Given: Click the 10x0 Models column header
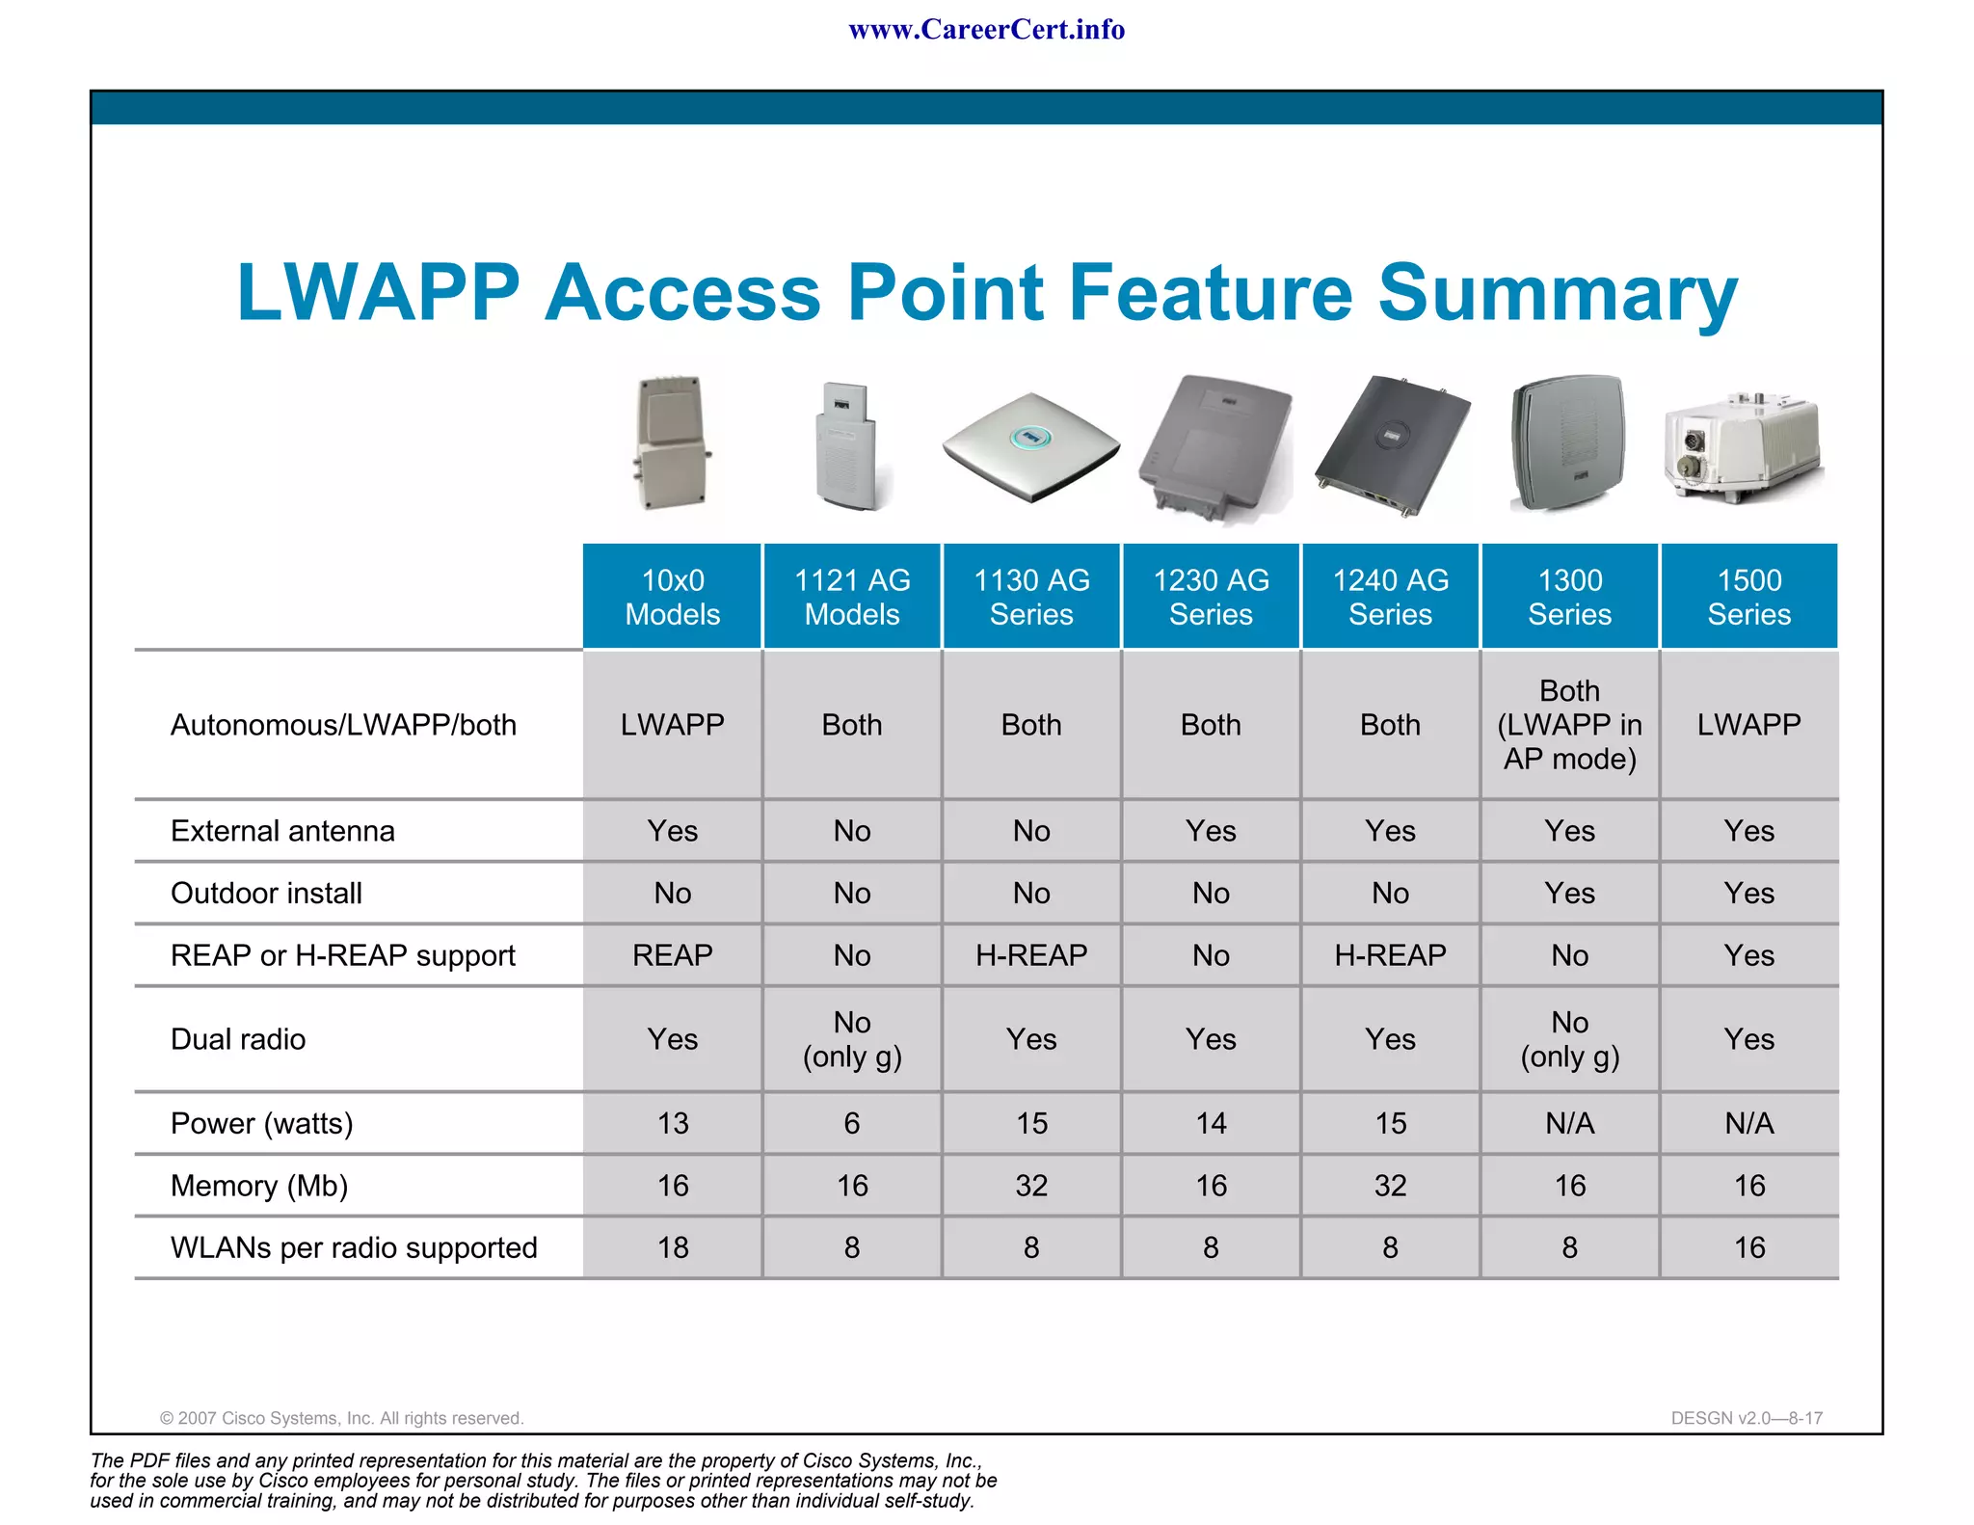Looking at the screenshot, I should [x=672, y=597].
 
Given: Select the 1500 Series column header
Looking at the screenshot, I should [x=1748, y=597].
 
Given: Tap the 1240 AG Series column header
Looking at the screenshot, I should [x=1390, y=597].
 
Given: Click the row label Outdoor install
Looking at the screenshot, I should [x=266, y=894].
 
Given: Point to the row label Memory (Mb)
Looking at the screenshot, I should [x=258, y=1186].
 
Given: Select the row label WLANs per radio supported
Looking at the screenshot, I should [x=353, y=1247].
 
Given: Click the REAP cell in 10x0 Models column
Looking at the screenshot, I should [x=672, y=955].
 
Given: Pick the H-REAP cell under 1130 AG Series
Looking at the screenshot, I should [x=1030, y=955].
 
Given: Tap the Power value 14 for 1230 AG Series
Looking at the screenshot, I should [x=1211, y=1123].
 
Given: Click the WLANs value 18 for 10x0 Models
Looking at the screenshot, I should [x=672, y=1247].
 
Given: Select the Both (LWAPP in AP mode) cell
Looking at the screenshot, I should [x=1569, y=725].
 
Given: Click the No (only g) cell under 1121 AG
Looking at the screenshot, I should [x=852, y=1039].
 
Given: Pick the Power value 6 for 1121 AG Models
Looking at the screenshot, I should [x=852, y=1123].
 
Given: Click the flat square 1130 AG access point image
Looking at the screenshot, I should [x=1030, y=445].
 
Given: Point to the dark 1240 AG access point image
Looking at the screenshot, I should [x=1392, y=445].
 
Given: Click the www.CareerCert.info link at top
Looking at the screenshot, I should [x=986, y=30].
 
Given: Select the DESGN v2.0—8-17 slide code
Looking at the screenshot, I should [x=1747, y=1418].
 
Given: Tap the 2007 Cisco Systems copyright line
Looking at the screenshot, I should [x=341, y=1418].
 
